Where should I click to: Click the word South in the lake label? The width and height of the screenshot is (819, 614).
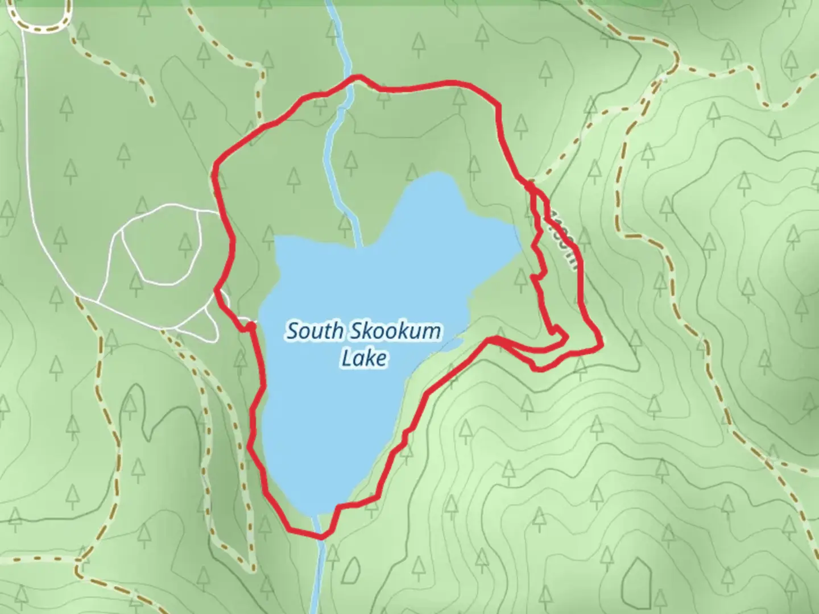click(x=313, y=331)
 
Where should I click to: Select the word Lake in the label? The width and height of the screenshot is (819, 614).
click(x=364, y=358)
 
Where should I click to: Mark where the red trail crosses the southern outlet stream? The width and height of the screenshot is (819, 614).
click(x=320, y=535)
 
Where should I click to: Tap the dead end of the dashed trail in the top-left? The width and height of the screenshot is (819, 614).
click(x=152, y=102)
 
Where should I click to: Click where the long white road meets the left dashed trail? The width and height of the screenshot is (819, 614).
click(x=77, y=296)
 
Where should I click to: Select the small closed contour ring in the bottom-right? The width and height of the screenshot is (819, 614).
click(x=636, y=577)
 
